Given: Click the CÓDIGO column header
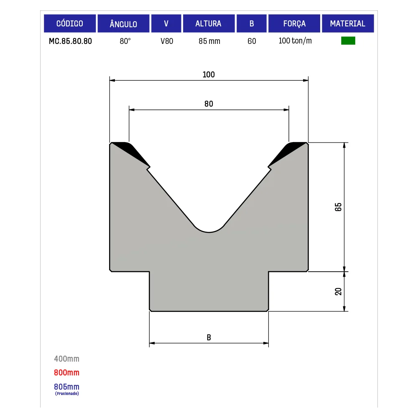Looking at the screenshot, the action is [70, 23].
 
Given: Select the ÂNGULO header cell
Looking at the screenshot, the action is [123, 23].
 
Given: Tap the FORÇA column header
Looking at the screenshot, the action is [294, 23].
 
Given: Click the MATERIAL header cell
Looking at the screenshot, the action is [348, 23].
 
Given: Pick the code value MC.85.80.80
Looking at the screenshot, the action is [70, 41].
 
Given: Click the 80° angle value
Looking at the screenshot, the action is [125, 41].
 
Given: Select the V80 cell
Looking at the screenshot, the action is [167, 41].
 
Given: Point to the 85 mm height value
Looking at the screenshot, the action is [209, 41].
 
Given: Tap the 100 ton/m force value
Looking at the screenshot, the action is [295, 41].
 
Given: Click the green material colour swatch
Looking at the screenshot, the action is [348, 41].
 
